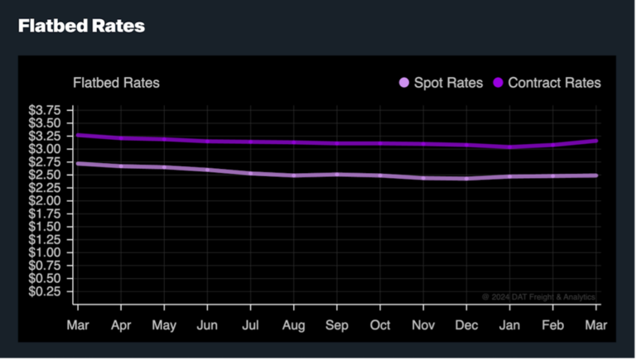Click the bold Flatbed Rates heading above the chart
pyautogui.click(x=81, y=26)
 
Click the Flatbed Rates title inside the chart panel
pyautogui.click(x=116, y=83)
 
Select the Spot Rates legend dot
pyautogui.click(x=404, y=83)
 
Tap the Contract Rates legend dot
pyautogui.click(x=499, y=83)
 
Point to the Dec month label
pyautogui.click(x=467, y=325)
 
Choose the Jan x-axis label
pyautogui.click(x=509, y=325)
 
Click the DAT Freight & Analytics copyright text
pyautogui.click(x=538, y=296)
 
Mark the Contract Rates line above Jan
pyautogui.click(x=509, y=147)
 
